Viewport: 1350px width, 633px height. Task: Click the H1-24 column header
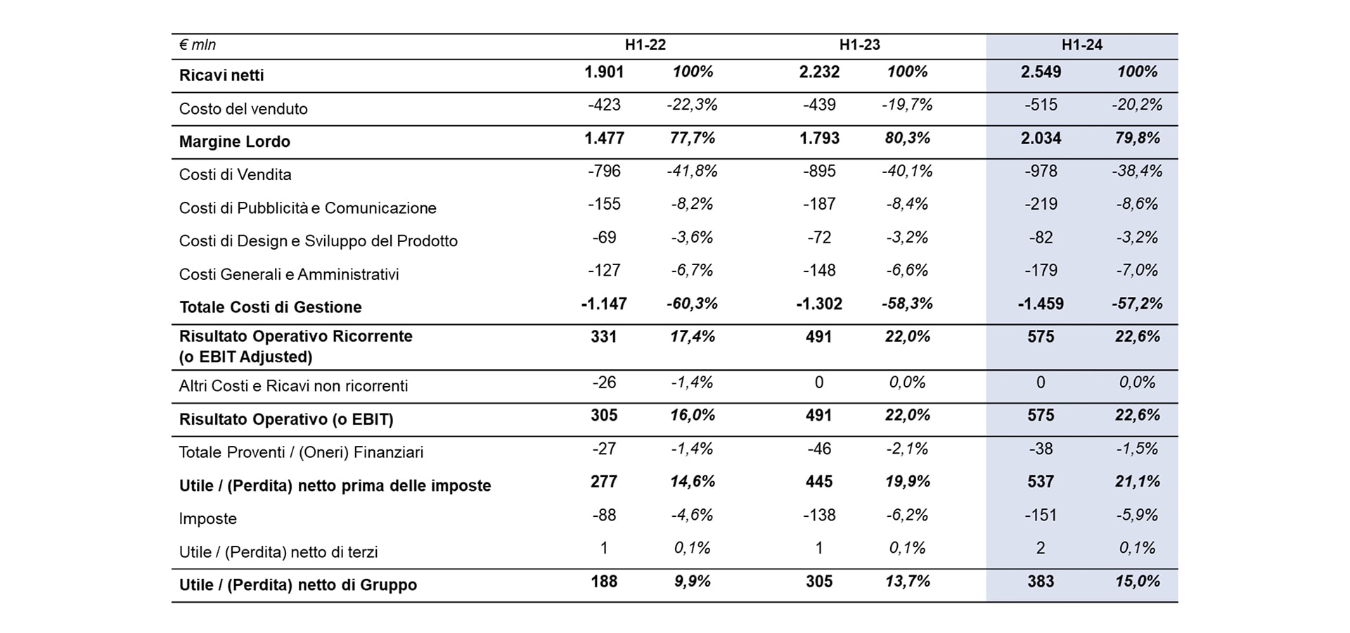click(x=1081, y=45)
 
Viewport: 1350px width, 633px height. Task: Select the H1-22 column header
click(x=645, y=45)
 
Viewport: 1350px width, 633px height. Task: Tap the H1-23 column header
click(x=859, y=45)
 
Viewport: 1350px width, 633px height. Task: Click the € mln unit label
click(x=197, y=45)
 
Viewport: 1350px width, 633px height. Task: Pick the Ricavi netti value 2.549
click(x=1041, y=72)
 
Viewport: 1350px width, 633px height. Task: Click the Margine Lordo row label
click(x=234, y=141)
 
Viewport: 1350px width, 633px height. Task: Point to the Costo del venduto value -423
click(x=604, y=105)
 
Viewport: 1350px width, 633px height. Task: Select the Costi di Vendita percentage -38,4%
click(x=1137, y=171)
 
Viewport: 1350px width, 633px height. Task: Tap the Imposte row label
click(x=207, y=518)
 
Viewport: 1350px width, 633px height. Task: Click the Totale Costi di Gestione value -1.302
click(x=818, y=304)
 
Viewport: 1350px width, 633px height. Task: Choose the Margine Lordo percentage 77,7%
click(x=693, y=138)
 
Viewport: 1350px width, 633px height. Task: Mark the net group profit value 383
click(x=1041, y=582)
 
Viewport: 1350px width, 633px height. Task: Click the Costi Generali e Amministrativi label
click(x=289, y=274)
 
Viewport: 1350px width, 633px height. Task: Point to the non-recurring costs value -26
click(x=604, y=383)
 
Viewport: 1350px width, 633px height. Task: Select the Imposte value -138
click(x=819, y=515)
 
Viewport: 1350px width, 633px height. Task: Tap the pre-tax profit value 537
click(x=1041, y=482)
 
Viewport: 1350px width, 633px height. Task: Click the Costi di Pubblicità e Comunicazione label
click(x=307, y=208)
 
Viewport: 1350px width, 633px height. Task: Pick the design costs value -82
click(x=1041, y=238)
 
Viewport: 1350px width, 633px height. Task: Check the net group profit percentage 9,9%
click(x=693, y=582)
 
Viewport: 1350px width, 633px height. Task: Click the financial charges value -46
click(x=819, y=449)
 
